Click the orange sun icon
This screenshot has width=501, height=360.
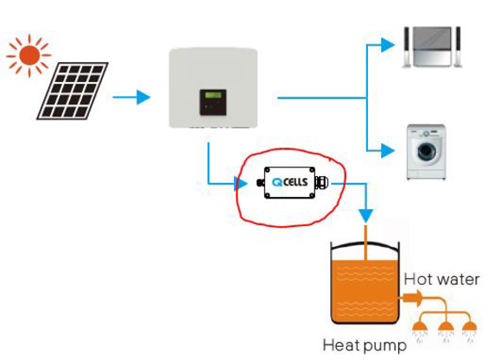click(x=29, y=55)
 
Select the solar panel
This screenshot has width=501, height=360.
click(x=73, y=91)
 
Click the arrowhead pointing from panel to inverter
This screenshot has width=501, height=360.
click(x=143, y=97)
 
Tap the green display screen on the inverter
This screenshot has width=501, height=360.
click(x=213, y=95)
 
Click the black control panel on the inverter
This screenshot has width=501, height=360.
click(x=213, y=102)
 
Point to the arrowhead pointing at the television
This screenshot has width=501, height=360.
click(x=388, y=45)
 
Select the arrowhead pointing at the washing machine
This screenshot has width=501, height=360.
click(x=388, y=150)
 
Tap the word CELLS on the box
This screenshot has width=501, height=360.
click(x=295, y=182)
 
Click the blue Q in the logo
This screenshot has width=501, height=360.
click(x=277, y=182)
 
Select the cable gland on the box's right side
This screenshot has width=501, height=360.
click(x=321, y=182)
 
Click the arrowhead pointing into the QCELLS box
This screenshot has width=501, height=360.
click(x=241, y=184)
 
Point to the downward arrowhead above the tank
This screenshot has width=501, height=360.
click(x=366, y=216)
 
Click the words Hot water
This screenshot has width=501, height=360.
click(x=441, y=280)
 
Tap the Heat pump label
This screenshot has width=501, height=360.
click(x=365, y=345)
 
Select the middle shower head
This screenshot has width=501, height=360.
click(x=446, y=326)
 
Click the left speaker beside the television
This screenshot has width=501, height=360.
click(x=407, y=47)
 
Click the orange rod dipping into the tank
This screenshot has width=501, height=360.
click(x=366, y=248)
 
